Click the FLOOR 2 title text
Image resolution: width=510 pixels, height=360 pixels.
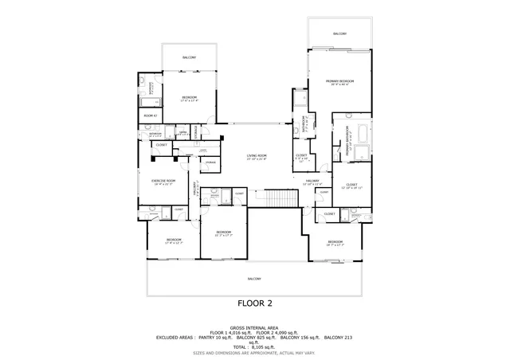[255, 303]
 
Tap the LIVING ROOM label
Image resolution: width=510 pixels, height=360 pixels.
[256, 156]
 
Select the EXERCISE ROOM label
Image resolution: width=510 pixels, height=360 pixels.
[162, 182]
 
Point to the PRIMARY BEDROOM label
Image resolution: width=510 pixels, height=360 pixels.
[339, 81]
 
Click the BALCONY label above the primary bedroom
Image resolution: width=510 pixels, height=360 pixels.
[339, 34]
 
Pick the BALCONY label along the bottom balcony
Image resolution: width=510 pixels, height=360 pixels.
[254, 278]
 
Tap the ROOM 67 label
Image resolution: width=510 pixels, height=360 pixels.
[150, 115]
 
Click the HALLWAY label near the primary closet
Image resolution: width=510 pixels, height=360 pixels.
[312, 181]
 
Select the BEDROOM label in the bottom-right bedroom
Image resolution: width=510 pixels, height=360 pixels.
[335, 241]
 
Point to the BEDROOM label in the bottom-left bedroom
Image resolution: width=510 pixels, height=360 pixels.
[173, 239]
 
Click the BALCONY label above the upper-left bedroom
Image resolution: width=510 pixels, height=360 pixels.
[189, 58]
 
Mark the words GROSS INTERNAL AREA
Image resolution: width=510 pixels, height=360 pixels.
[255, 327]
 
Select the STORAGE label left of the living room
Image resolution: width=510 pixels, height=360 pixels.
[210, 162]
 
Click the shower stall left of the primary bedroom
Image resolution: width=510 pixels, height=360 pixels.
[300, 100]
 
